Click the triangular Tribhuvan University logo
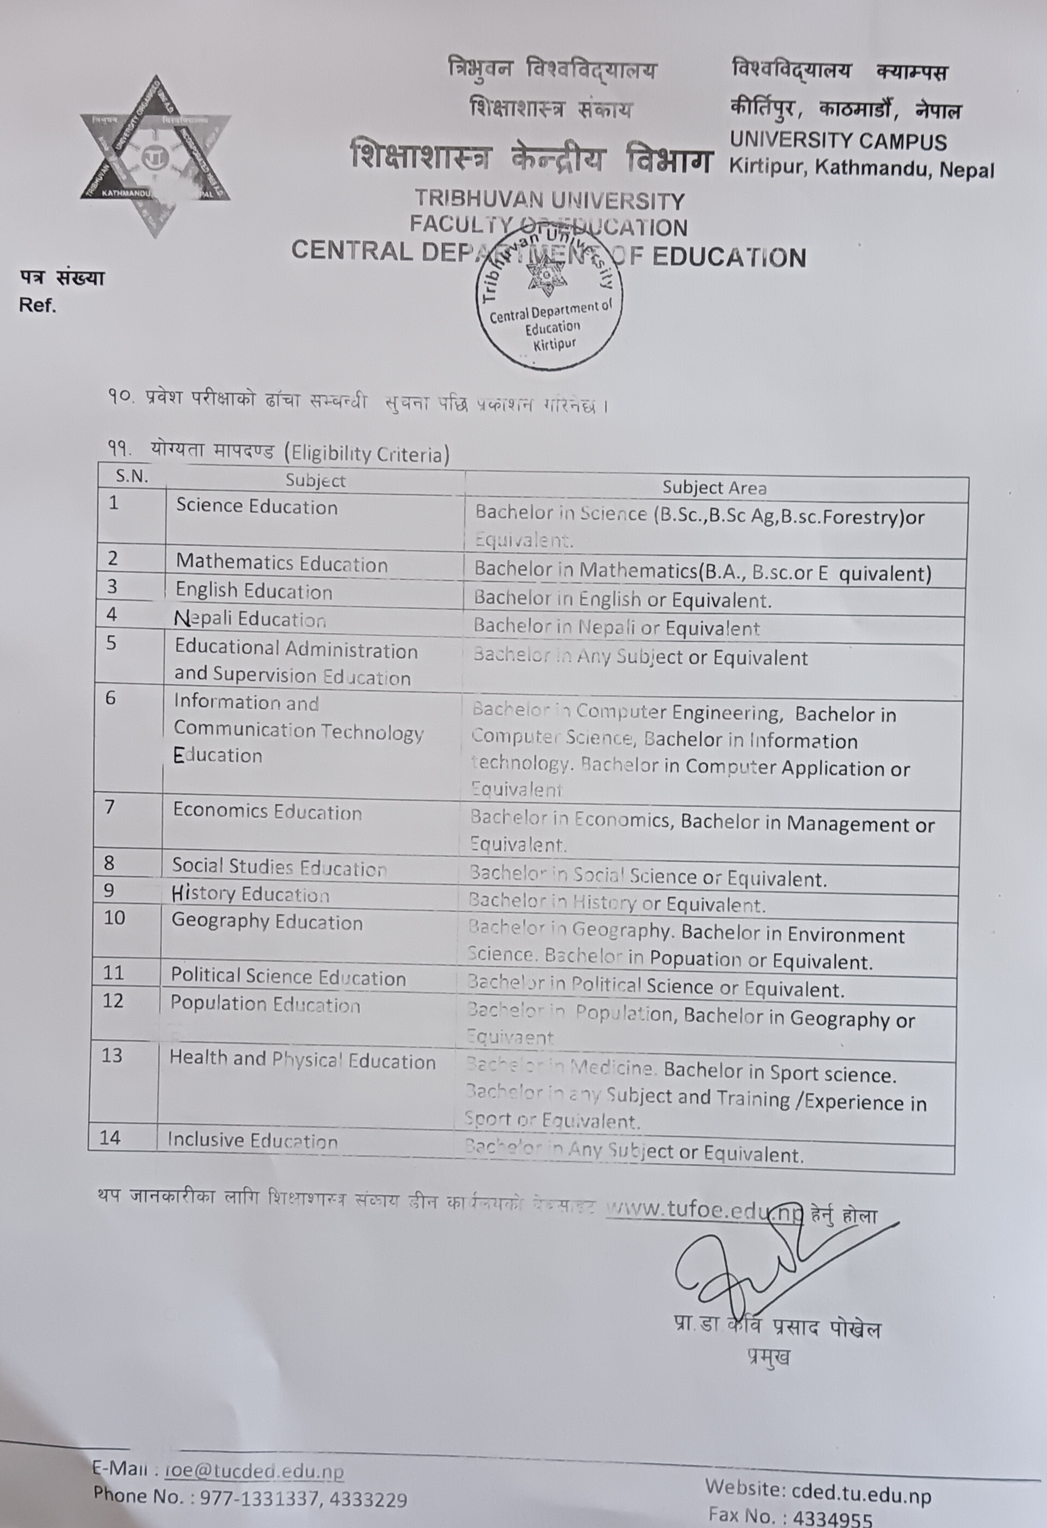click(x=156, y=155)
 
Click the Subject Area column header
click(x=714, y=488)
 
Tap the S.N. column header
click(x=132, y=476)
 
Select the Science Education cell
click(x=256, y=507)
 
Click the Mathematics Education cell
click(x=281, y=564)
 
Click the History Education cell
click(x=250, y=894)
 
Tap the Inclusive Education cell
click(x=252, y=1140)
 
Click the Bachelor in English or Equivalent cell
click(x=622, y=599)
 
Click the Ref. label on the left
click(x=38, y=306)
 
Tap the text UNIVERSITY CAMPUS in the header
click(x=838, y=141)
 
